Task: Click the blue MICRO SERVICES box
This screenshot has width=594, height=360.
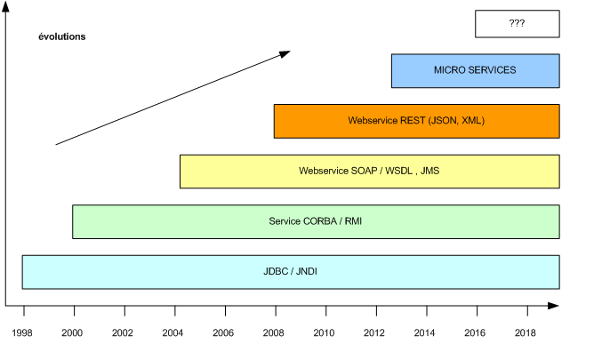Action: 475,70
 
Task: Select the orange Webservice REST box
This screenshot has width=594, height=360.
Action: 416,121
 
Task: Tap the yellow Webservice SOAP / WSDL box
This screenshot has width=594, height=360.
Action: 369,171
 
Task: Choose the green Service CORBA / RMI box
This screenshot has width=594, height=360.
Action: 316,221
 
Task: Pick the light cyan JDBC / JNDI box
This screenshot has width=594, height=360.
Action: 291,271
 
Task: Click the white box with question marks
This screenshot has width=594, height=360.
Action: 517,24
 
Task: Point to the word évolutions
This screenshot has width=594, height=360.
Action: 61,37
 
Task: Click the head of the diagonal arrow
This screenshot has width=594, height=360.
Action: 285,53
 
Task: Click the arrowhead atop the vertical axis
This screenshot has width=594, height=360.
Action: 7,9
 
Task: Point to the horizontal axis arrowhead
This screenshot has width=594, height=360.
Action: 554,306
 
